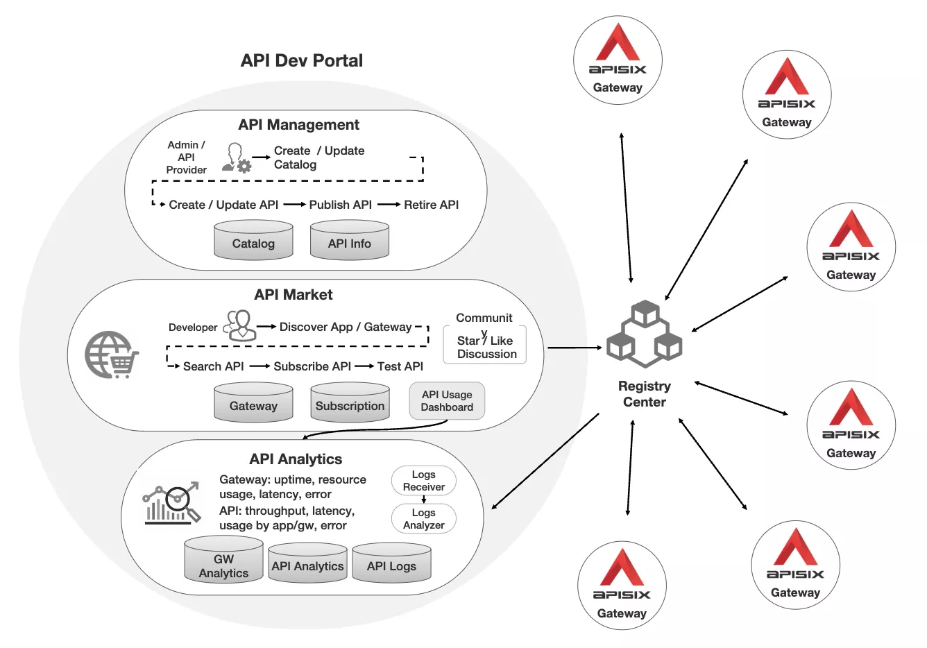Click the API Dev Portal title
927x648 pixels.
(302, 60)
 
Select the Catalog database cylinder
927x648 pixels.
(253, 241)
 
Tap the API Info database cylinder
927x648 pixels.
(349, 241)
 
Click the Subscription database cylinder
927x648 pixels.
(350, 404)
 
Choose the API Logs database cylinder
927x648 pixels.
(391, 563)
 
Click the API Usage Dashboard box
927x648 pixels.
(447, 401)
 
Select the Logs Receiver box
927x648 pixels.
(423, 480)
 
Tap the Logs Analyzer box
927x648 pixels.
(423, 518)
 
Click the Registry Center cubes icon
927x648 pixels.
(644, 334)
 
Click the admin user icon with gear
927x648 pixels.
(236, 158)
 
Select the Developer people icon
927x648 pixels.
(239, 325)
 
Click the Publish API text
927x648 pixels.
(340, 205)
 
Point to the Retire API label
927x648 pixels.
(431, 205)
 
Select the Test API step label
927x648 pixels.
(400, 366)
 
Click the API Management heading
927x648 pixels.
(298, 125)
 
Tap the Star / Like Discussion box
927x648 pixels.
(486, 346)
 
